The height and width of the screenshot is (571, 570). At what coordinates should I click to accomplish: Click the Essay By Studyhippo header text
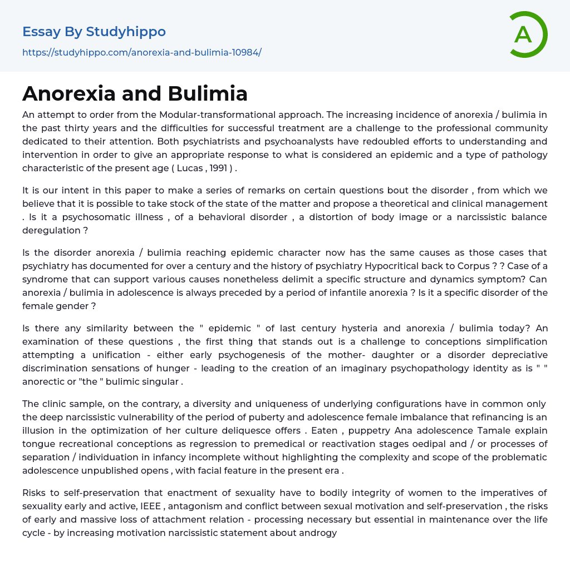coord(94,32)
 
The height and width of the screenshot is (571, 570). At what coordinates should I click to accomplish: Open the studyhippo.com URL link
coord(141,52)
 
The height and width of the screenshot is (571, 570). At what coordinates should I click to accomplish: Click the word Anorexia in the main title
coord(70,93)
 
